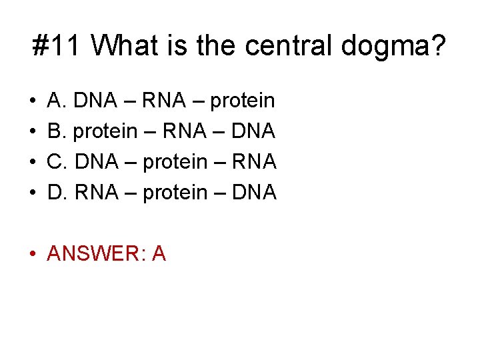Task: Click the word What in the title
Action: coord(125,46)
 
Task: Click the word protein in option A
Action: coord(242,101)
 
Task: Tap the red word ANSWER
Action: coord(95,253)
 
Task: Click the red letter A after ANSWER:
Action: coord(159,253)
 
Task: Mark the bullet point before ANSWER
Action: coord(33,254)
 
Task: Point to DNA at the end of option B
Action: coord(253,131)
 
